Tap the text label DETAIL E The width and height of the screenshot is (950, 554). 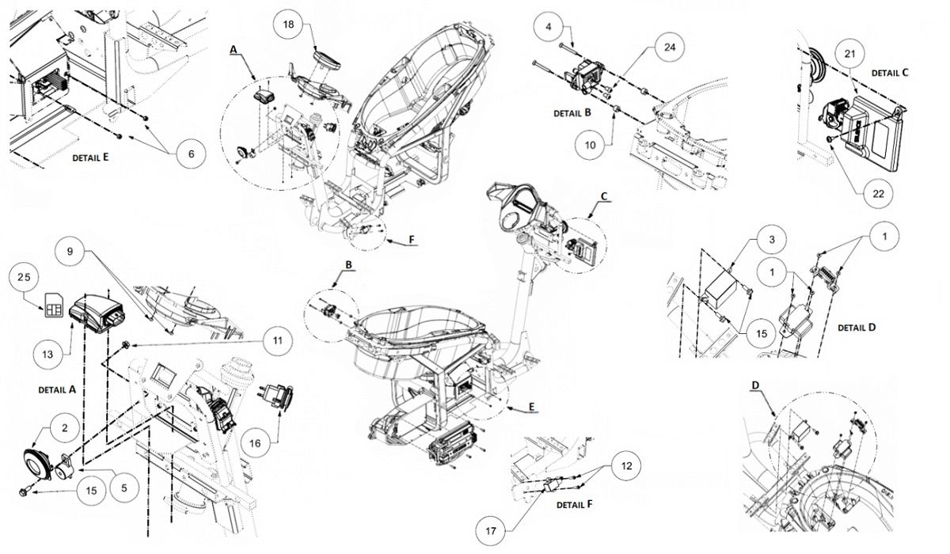pos(89,157)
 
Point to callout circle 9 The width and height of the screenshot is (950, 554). pos(70,252)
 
